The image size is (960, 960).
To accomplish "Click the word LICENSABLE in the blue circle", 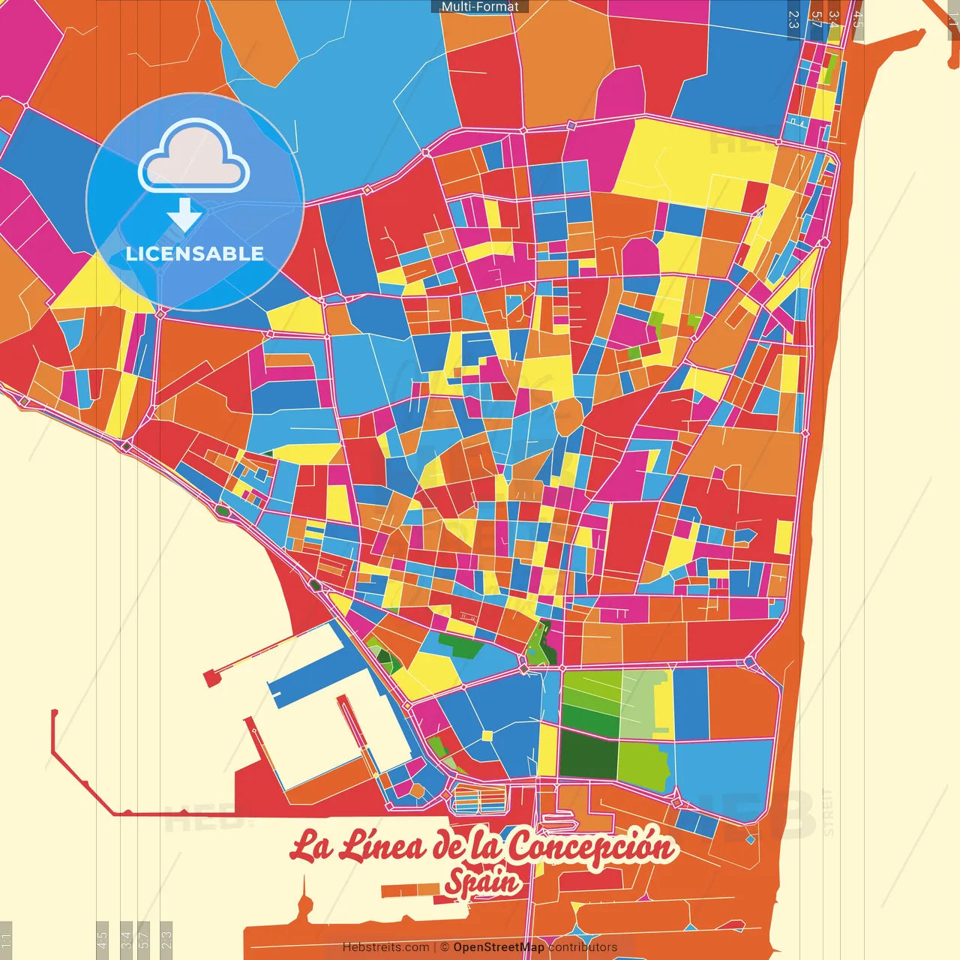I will tap(195, 253).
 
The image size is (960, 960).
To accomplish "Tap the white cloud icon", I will tap(194, 159).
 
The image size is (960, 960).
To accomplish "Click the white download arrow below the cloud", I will tap(184, 215).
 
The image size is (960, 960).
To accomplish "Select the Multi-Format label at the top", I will tap(480, 7).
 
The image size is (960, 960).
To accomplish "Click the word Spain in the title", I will tap(482, 883).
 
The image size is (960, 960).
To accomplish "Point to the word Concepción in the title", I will tap(592, 847).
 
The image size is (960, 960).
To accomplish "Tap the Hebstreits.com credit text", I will tap(385, 947).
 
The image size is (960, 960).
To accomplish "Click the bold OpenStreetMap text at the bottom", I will tap(499, 947).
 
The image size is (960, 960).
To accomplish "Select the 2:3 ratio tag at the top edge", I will tap(793, 19).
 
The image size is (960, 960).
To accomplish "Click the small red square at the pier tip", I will tap(210, 678).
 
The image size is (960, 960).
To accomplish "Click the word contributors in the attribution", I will tap(583, 947).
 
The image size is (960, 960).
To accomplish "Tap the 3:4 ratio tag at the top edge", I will tap(833, 19).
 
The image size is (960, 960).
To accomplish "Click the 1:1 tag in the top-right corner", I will tap(952, 19).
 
